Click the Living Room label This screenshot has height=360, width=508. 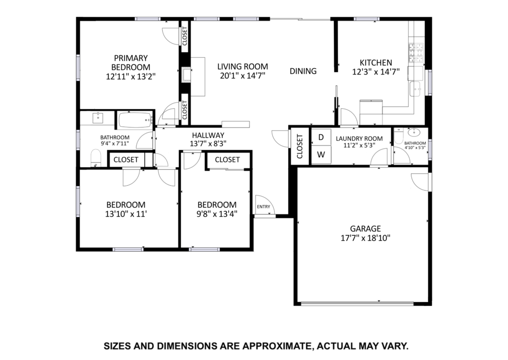[243, 67]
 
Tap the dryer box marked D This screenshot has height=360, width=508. [321, 137]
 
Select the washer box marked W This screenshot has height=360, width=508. [321, 155]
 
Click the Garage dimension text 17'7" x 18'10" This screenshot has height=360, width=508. [366, 238]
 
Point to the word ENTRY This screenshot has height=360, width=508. [263, 207]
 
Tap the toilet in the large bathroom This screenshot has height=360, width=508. [96, 158]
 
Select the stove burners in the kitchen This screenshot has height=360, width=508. [416, 53]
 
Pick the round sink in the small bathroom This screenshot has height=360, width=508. [413, 132]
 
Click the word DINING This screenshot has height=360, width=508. [303, 71]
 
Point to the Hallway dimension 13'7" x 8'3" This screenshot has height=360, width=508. [208, 144]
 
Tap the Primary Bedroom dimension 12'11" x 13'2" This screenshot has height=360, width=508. [131, 76]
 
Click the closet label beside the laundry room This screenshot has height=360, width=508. [299, 146]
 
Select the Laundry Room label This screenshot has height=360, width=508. [359, 139]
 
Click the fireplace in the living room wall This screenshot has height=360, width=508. [186, 75]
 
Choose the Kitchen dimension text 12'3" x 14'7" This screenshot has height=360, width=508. [376, 72]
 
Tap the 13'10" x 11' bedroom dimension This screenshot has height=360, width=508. [126, 214]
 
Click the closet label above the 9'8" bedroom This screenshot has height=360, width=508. [227, 159]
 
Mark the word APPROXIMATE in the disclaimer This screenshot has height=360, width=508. [277, 346]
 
